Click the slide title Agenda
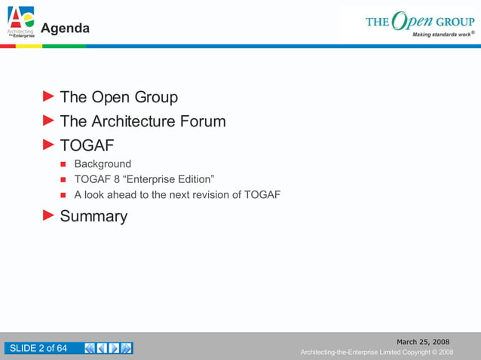pyautogui.click(x=65, y=29)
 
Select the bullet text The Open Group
pyautogui.click(x=118, y=97)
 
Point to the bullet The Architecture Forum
pyautogui.click(x=142, y=121)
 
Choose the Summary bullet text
pyautogui.click(x=93, y=216)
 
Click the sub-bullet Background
pyautogui.click(x=103, y=163)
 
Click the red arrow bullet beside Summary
pyautogui.click(x=48, y=215)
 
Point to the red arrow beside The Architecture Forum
pyautogui.click(x=48, y=121)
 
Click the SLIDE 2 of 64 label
pyautogui.click(x=38, y=348)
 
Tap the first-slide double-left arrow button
pyautogui.click(x=90, y=348)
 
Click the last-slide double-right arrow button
pyautogui.click(x=127, y=348)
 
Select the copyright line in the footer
pyautogui.click(x=376, y=352)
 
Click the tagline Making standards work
pyautogui.click(x=442, y=35)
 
